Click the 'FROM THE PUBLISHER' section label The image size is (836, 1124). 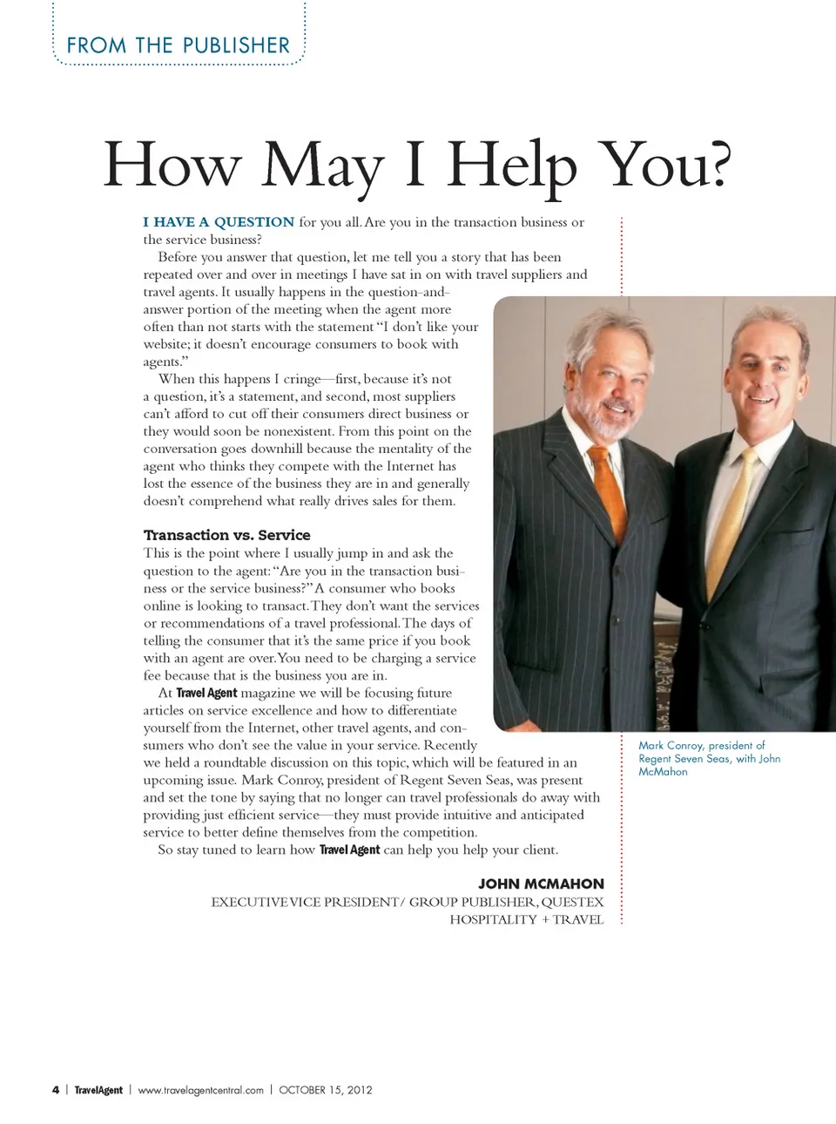[178, 45]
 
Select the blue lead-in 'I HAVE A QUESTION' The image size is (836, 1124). [219, 222]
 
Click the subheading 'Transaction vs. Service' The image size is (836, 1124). [226, 535]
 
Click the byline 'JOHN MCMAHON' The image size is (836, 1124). [541, 884]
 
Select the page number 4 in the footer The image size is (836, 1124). [56, 1090]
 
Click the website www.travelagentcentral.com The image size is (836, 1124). [200, 1090]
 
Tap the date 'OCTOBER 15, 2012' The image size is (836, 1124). [326, 1090]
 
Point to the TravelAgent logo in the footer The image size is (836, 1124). [98, 1090]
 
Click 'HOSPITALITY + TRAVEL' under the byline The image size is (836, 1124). [526, 919]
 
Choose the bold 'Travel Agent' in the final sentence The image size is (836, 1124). [349, 850]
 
